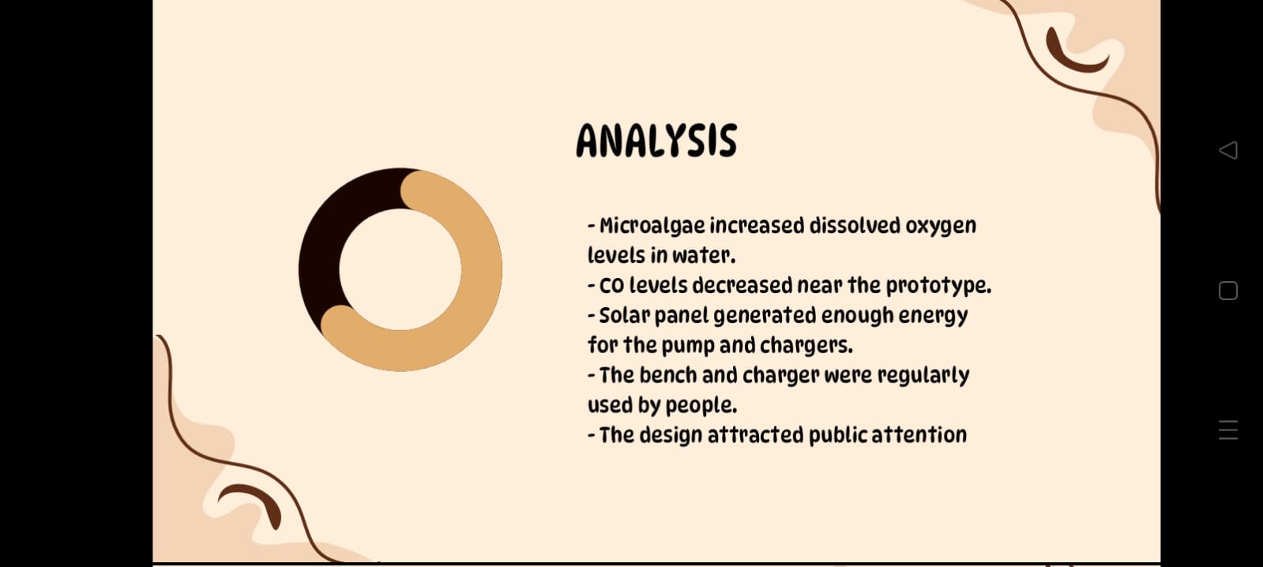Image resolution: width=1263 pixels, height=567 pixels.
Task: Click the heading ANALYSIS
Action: (x=656, y=141)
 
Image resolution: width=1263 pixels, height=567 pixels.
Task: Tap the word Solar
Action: (x=623, y=316)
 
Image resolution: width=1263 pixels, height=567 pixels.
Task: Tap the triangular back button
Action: (x=1228, y=150)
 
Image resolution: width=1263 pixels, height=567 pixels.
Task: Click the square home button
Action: (x=1228, y=291)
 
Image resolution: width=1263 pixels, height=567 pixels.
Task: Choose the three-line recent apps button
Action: (x=1228, y=430)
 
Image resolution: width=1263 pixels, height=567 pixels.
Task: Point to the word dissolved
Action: (x=855, y=226)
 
